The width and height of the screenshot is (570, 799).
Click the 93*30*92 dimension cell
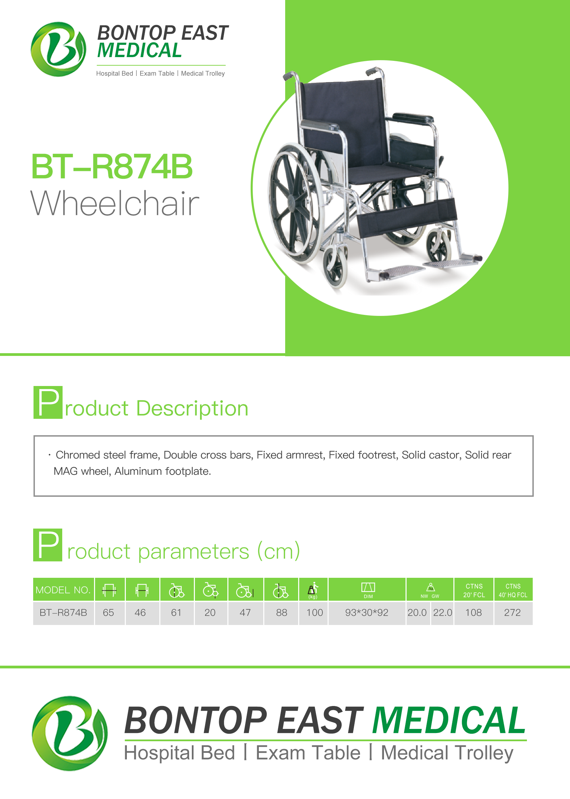tap(367, 613)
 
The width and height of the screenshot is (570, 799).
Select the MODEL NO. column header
tap(63, 590)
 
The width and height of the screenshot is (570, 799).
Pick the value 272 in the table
tap(513, 613)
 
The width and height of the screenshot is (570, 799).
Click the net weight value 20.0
tap(417, 613)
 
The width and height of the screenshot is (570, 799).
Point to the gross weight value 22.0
tap(442, 613)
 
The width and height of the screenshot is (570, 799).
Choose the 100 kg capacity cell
tap(315, 613)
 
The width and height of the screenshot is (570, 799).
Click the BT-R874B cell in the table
tap(63, 613)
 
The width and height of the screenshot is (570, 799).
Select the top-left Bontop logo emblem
tap(58, 49)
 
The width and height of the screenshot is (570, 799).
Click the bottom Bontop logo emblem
tap(70, 733)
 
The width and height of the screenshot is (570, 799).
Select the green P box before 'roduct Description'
tap(48, 402)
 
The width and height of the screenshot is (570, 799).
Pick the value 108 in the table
tap(474, 613)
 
